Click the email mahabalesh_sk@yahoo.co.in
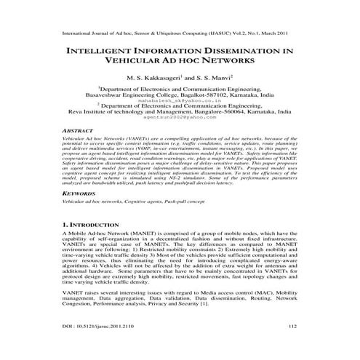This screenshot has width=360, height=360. click(x=180, y=100)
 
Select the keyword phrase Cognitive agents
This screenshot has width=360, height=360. click(x=151, y=204)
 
